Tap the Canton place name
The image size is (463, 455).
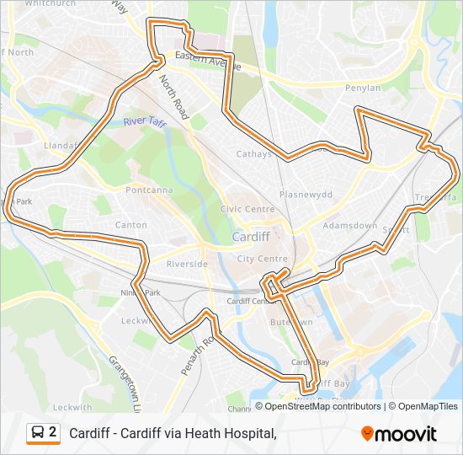pyautogui.click(x=130, y=225)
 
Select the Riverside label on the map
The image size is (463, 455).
pyautogui.click(x=187, y=264)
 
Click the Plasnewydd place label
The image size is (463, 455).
pyautogui.click(x=306, y=194)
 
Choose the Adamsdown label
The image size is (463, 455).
pyautogui.click(x=350, y=226)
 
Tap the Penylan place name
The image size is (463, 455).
pyautogui.click(x=363, y=88)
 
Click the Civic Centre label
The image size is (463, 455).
pyautogui.click(x=247, y=209)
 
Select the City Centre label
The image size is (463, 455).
pyautogui.click(x=258, y=259)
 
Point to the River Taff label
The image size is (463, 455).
pyautogui.click(x=145, y=122)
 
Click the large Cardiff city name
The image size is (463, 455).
pyautogui.click(x=251, y=237)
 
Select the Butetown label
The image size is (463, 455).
pyautogui.click(x=291, y=322)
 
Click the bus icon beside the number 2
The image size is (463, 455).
pyautogui.click(x=38, y=433)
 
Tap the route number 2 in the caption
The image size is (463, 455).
pyautogui.click(x=53, y=433)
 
